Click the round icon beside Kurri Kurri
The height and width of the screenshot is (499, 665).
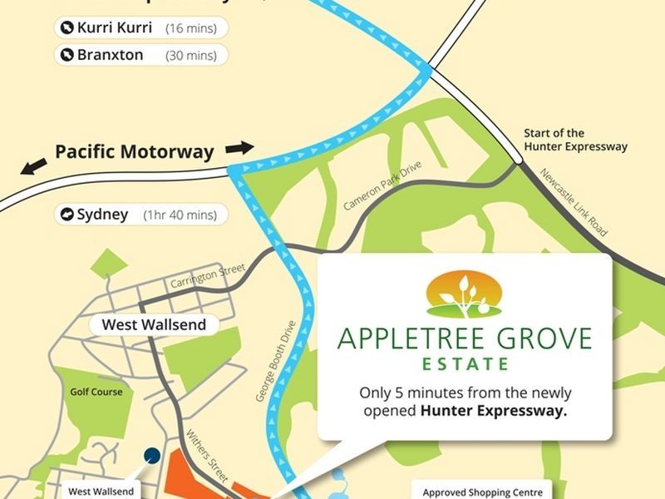click(66, 27)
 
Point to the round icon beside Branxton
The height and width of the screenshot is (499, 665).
click(66, 55)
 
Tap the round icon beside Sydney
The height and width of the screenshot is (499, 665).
click(66, 215)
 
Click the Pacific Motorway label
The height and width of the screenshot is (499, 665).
click(134, 152)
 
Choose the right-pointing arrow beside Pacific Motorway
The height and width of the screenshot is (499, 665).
click(239, 148)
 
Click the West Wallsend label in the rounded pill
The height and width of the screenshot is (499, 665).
click(154, 324)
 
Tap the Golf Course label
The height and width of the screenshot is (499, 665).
click(96, 392)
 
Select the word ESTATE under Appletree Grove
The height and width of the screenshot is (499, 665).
click(465, 363)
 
